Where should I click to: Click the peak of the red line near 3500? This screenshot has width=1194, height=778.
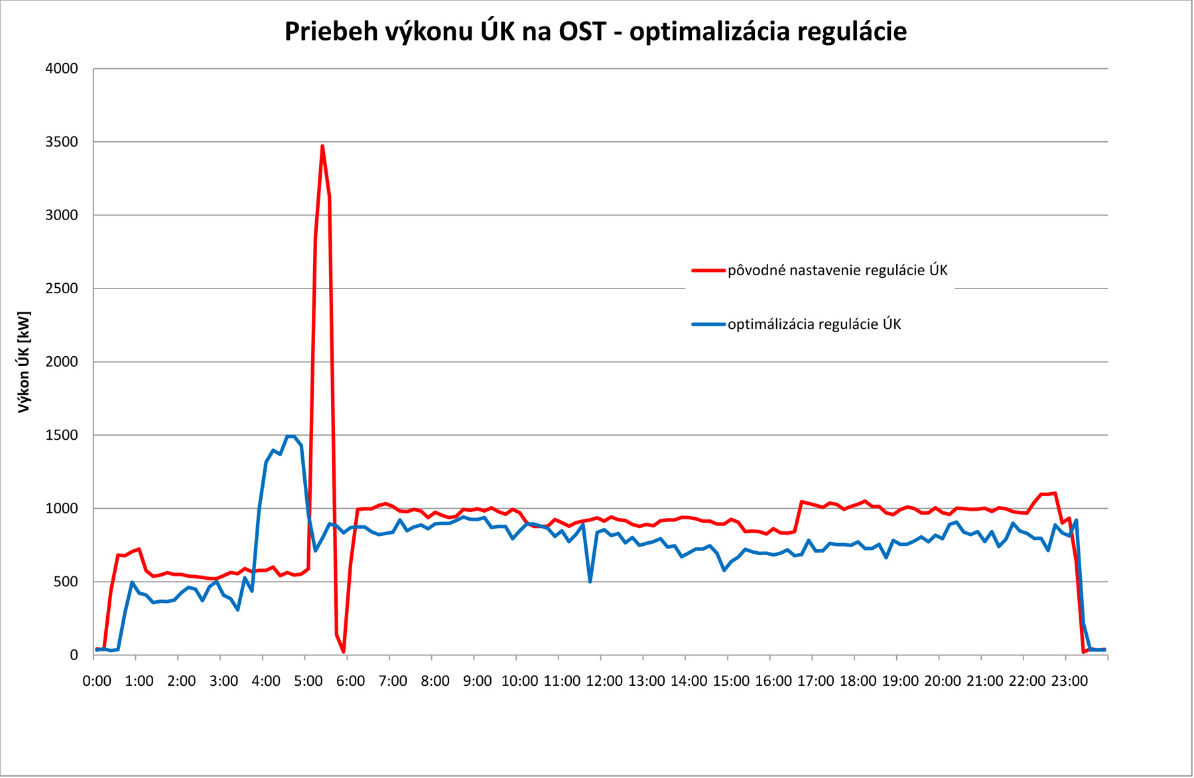point(322,147)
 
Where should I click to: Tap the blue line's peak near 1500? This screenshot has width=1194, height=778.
point(291,436)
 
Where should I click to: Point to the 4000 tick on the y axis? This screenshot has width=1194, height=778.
point(61,69)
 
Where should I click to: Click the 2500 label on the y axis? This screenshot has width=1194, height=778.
point(61,289)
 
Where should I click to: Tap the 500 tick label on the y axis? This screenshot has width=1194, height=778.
point(65,582)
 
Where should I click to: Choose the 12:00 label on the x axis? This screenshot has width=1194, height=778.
point(604,681)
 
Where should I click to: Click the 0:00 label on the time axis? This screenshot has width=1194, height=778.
point(97,681)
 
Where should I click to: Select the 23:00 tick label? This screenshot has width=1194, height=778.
point(1069,681)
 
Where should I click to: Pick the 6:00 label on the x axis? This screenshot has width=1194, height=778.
point(350,681)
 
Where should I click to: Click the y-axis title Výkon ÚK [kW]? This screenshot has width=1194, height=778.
point(24,362)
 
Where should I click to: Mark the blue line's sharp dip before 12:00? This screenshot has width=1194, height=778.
point(590,581)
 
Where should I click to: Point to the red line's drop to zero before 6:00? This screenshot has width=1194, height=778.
point(344,651)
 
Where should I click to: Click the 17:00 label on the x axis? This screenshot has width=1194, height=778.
point(815,681)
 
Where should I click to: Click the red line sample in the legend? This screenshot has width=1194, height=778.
point(708,271)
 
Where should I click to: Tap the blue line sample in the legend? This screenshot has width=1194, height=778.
point(708,324)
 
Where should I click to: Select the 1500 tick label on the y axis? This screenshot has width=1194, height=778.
point(61,435)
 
